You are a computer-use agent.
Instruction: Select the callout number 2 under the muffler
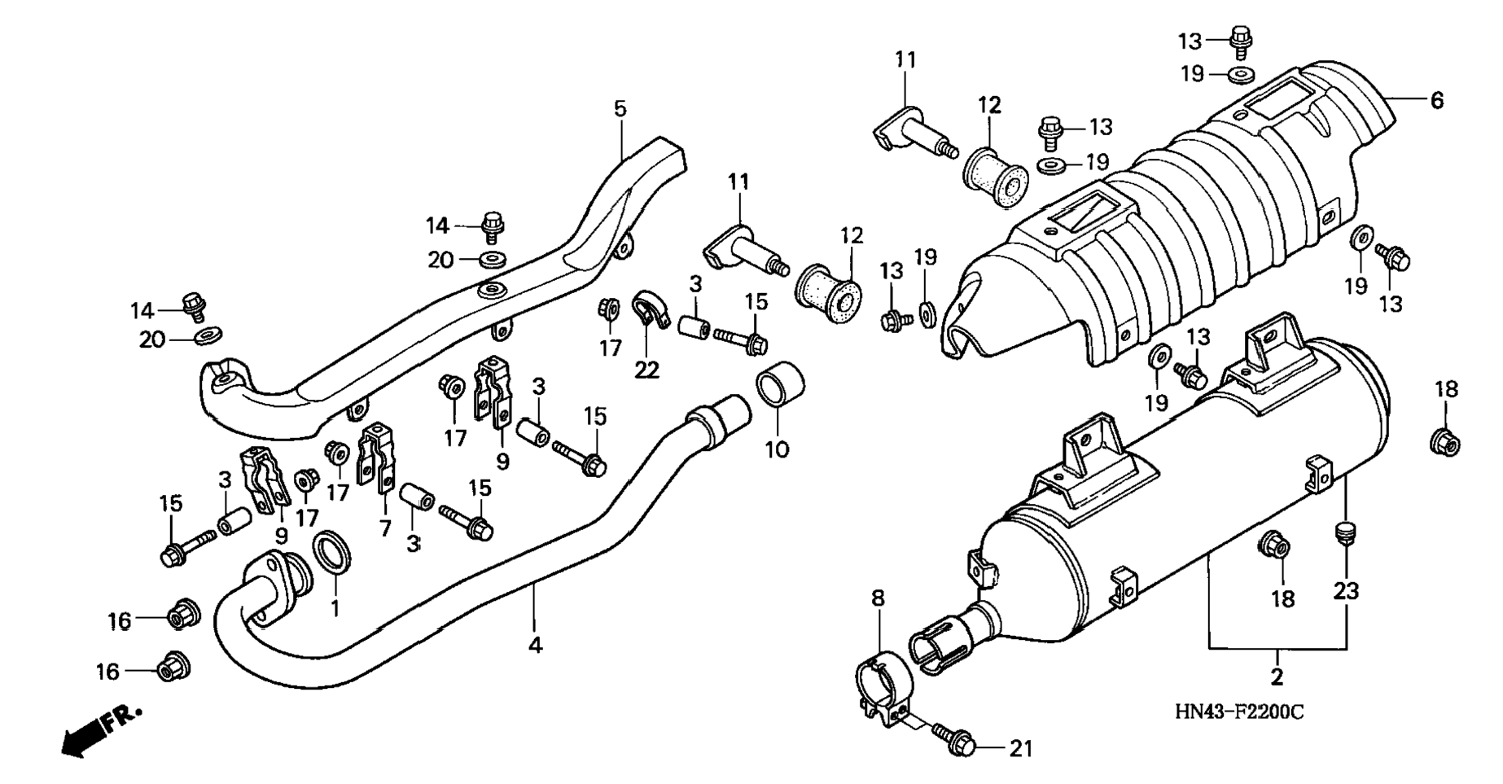(1277, 676)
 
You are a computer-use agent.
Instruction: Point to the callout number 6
(1436, 100)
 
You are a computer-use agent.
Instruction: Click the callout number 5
(620, 108)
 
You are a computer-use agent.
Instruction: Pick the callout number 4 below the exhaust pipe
(535, 645)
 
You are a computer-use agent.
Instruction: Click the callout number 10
(777, 449)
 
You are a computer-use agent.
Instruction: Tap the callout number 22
(646, 370)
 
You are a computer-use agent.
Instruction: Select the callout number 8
(877, 598)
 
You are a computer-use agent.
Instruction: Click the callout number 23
(1346, 590)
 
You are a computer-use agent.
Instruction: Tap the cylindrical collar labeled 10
(781, 385)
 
